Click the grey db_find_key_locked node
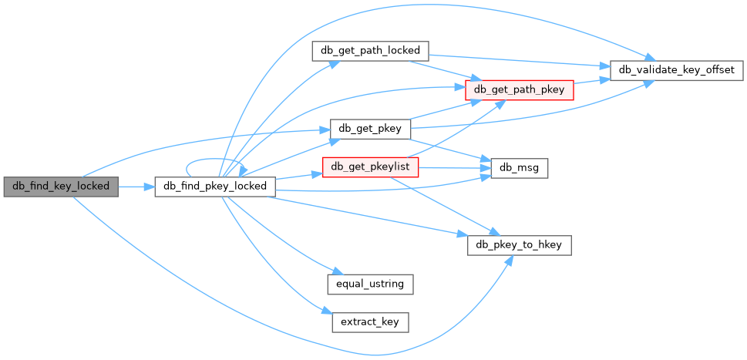pos(61,186)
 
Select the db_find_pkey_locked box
pos(215,186)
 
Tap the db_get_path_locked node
pos(369,51)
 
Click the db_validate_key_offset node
pos(676,70)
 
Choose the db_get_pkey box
pos(369,128)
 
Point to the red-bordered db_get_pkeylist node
pos(370,167)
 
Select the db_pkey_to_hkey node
pos(520,244)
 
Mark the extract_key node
pos(370,321)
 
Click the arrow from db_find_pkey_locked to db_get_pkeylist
pos(297,176)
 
